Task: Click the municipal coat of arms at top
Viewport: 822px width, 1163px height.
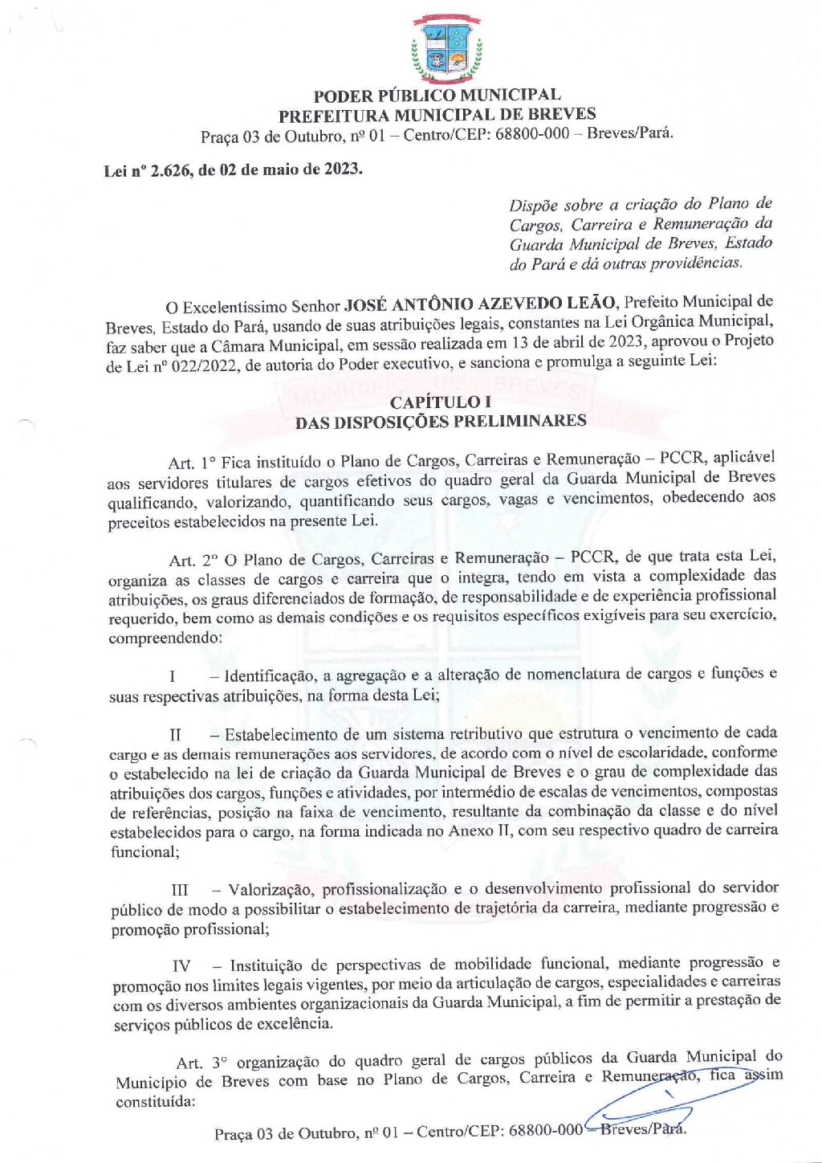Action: coord(446,50)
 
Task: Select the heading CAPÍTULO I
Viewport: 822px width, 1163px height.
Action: coord(440,402)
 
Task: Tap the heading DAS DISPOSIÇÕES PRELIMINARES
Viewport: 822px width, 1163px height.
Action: coord(440,422)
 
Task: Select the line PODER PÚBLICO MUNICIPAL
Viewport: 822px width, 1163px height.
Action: coord(437,96)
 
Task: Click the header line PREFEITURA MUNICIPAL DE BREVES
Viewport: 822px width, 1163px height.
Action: coord(437,115)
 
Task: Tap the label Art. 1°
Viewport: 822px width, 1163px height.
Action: coord(192,463)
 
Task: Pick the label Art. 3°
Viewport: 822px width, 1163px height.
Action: coord(201,1063)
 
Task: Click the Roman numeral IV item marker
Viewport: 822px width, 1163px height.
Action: coord(181,965)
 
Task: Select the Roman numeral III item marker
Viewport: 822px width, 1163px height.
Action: coord(180,890)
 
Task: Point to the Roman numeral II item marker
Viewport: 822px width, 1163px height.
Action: coord(175,735)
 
